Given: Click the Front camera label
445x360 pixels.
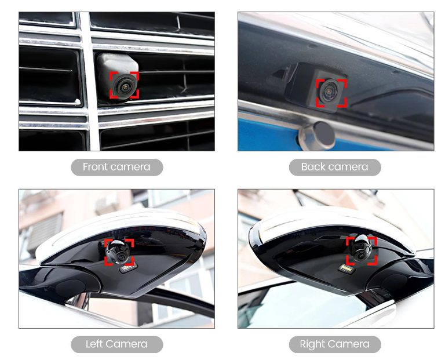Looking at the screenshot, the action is click(116, 167).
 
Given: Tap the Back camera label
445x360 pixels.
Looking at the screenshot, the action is click(335, 167).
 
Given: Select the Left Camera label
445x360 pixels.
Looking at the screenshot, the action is click(116, 344).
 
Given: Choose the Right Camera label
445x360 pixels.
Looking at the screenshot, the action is click(335, 344).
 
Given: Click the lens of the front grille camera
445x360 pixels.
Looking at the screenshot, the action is click(124, 86).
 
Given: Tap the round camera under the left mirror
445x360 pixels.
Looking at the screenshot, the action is click(118, 251).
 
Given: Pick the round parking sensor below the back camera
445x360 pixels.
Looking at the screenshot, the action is click(318, 136).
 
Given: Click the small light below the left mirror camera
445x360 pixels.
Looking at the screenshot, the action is click(128, 268).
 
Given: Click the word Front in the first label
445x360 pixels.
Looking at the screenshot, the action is click(94, 167).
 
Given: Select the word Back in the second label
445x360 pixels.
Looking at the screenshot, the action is click(312, 167).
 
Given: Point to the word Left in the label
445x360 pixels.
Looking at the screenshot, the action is click(94, 344).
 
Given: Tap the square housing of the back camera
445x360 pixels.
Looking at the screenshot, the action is click(316, 86).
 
